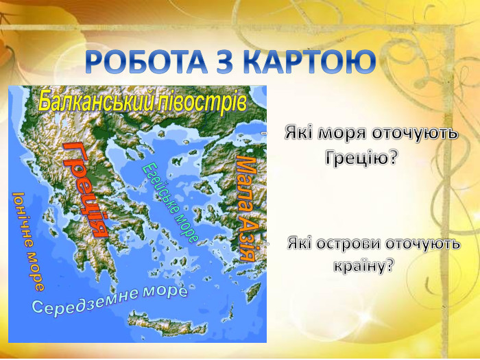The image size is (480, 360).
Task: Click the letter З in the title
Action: (226, 63)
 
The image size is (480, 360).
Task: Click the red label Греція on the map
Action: (86, 189)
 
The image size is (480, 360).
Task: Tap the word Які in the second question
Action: (300, 244)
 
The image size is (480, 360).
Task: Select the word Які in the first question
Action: (299, 132)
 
